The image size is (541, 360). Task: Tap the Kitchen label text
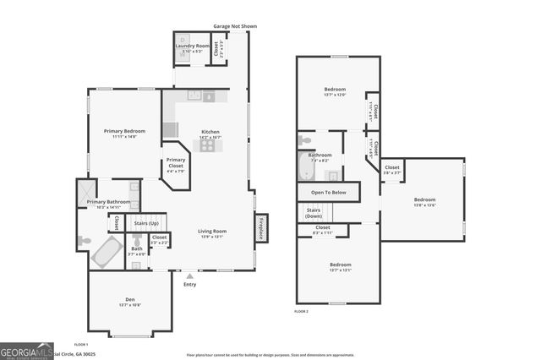tap(210, 132)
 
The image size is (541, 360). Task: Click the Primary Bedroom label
tap(124, 131)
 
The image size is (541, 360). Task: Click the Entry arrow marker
tap(189, 275)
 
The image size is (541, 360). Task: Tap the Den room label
tap(130, 299)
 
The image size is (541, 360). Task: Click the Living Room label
tap(212, 231)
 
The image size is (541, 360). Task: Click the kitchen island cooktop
tap(208, 145)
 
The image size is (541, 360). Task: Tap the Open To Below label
tap(323, 192)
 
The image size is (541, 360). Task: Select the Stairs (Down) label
tap(314, 211)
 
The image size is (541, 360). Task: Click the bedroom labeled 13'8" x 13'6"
tap(424, 200)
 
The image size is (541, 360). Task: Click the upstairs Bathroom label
tap(320, 155)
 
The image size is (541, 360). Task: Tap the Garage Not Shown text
tap(235, 26)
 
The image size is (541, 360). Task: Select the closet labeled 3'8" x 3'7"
tap(392, 168)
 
